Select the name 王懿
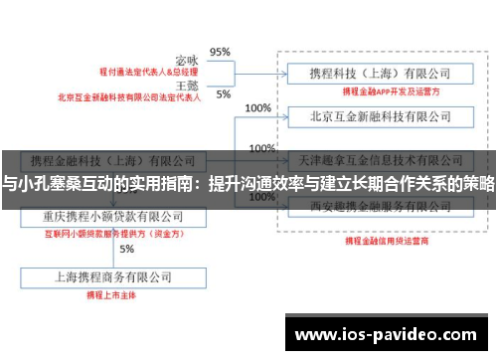point(188,87)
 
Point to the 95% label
point(220,52)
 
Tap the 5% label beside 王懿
point(223,94)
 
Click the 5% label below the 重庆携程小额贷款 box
point(126,249)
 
